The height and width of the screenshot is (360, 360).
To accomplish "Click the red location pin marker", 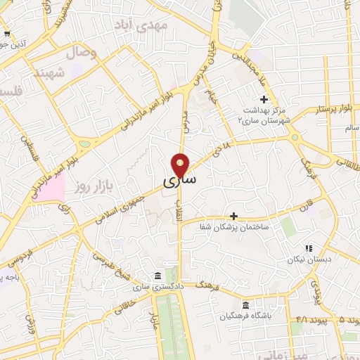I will [181, 165].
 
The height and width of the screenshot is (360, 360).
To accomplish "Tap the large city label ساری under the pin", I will [180, 181].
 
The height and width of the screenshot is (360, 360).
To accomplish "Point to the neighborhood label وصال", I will [81, 53].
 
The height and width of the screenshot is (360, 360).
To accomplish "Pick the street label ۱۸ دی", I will [224, 146].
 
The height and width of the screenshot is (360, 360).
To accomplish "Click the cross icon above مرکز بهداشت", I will [264, 99].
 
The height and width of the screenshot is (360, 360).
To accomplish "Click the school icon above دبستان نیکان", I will [308, 247].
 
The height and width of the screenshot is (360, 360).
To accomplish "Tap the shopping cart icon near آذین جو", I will [6, 33].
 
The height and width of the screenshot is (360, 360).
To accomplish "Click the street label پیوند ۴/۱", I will [307, 321].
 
